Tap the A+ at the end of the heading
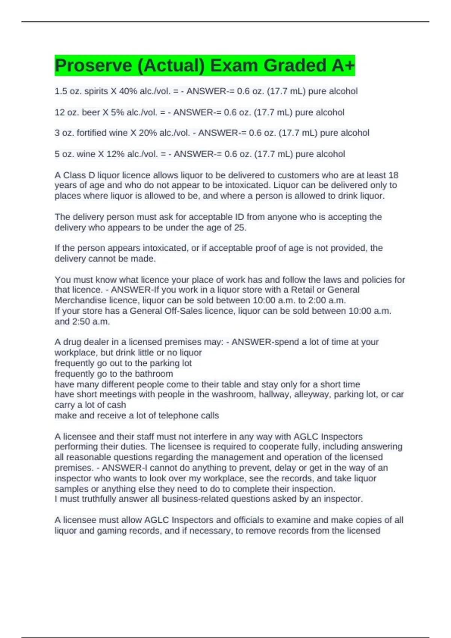pos(343,66)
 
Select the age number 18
pos(393,175)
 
